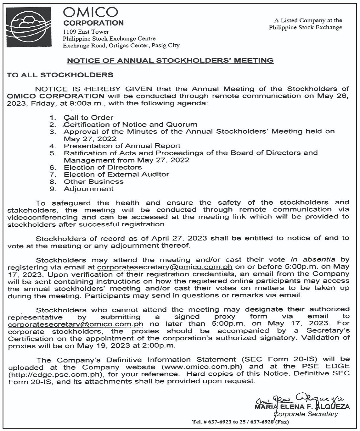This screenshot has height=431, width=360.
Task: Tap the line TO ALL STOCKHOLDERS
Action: (60, 75)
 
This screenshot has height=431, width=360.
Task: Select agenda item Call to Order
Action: (88, 118)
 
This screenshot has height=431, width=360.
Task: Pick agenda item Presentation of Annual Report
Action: (122, 146)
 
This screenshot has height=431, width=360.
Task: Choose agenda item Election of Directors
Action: (103, 167)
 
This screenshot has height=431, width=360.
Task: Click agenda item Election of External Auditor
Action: (116, 174)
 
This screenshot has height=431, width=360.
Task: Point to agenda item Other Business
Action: (93, 182)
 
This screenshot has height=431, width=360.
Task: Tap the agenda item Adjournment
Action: (88, 189)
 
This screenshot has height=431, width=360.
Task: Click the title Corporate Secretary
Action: (306, 414)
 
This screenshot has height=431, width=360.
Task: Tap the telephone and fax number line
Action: (240, 422)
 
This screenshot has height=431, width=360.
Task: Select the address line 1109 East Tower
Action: (86, 32)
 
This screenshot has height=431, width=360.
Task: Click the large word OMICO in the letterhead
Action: (91, 13)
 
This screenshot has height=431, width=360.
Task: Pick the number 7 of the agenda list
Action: (53, 175)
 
